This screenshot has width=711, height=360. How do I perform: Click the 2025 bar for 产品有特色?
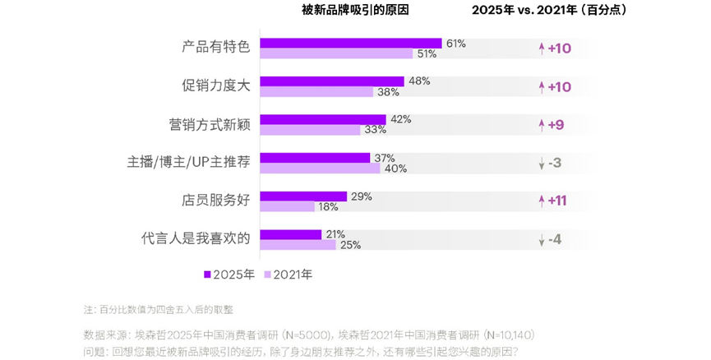coord(351,43)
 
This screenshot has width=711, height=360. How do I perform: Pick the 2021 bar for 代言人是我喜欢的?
coord(298,244)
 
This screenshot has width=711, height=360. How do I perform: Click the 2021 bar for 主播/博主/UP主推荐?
coord(320,168)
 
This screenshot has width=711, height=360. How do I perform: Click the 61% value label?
coord(455,43)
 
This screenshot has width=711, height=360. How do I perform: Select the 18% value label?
coord(329,207)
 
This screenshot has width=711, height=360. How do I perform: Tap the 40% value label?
coord(395,168)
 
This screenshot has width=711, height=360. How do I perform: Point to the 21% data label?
coord(335,233)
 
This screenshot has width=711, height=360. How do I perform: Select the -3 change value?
coord(555,163)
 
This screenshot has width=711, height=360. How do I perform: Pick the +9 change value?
coord(556,125)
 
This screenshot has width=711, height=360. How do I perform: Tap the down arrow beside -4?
coord(541,240)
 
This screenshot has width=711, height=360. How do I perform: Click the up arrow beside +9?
coord(541,125)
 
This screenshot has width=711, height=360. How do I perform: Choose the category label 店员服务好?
coord(215,201)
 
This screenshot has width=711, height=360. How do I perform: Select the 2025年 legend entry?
coord(229,275)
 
